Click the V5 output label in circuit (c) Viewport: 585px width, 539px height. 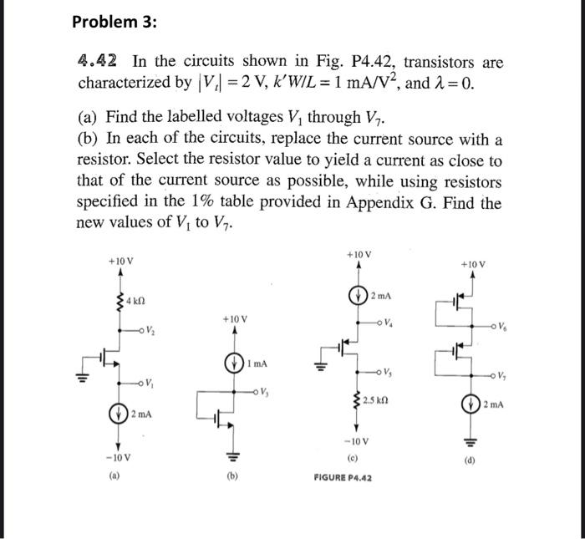386,373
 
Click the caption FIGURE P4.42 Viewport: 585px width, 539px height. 343,477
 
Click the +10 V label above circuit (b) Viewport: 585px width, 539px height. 234,319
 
